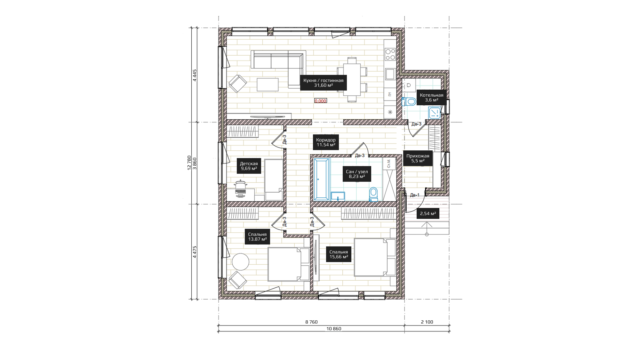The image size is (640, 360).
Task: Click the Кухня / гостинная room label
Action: pos(323,83)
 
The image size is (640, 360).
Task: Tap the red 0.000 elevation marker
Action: pos(320,101)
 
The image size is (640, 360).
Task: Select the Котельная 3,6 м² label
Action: pos(431,98)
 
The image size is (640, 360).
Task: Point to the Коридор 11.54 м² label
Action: pos(326,142)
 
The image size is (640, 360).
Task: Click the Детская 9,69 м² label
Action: pos(249,166)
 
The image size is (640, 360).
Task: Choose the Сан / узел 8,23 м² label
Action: pos(357,174)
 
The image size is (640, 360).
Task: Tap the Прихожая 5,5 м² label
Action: pos(418,158)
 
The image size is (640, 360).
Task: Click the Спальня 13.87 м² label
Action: pos(257,236)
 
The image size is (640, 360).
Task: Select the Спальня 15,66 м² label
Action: pos(339,254)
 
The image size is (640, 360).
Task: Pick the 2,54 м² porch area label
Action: pos(428,213)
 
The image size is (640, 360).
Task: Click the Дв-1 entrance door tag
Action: pos(414,195)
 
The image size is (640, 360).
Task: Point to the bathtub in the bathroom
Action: pos(322,179)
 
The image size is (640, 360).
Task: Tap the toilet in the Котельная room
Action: pos(409,102)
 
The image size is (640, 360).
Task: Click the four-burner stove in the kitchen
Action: pos(390,54)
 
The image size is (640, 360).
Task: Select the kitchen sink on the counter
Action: pos(390,74)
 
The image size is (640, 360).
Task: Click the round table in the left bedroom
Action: pos(240,262)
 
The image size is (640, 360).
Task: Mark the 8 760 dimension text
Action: pos(311,322)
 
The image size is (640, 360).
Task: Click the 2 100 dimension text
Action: pos(427,322)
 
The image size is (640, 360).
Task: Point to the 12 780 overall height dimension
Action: pos(189,163)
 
